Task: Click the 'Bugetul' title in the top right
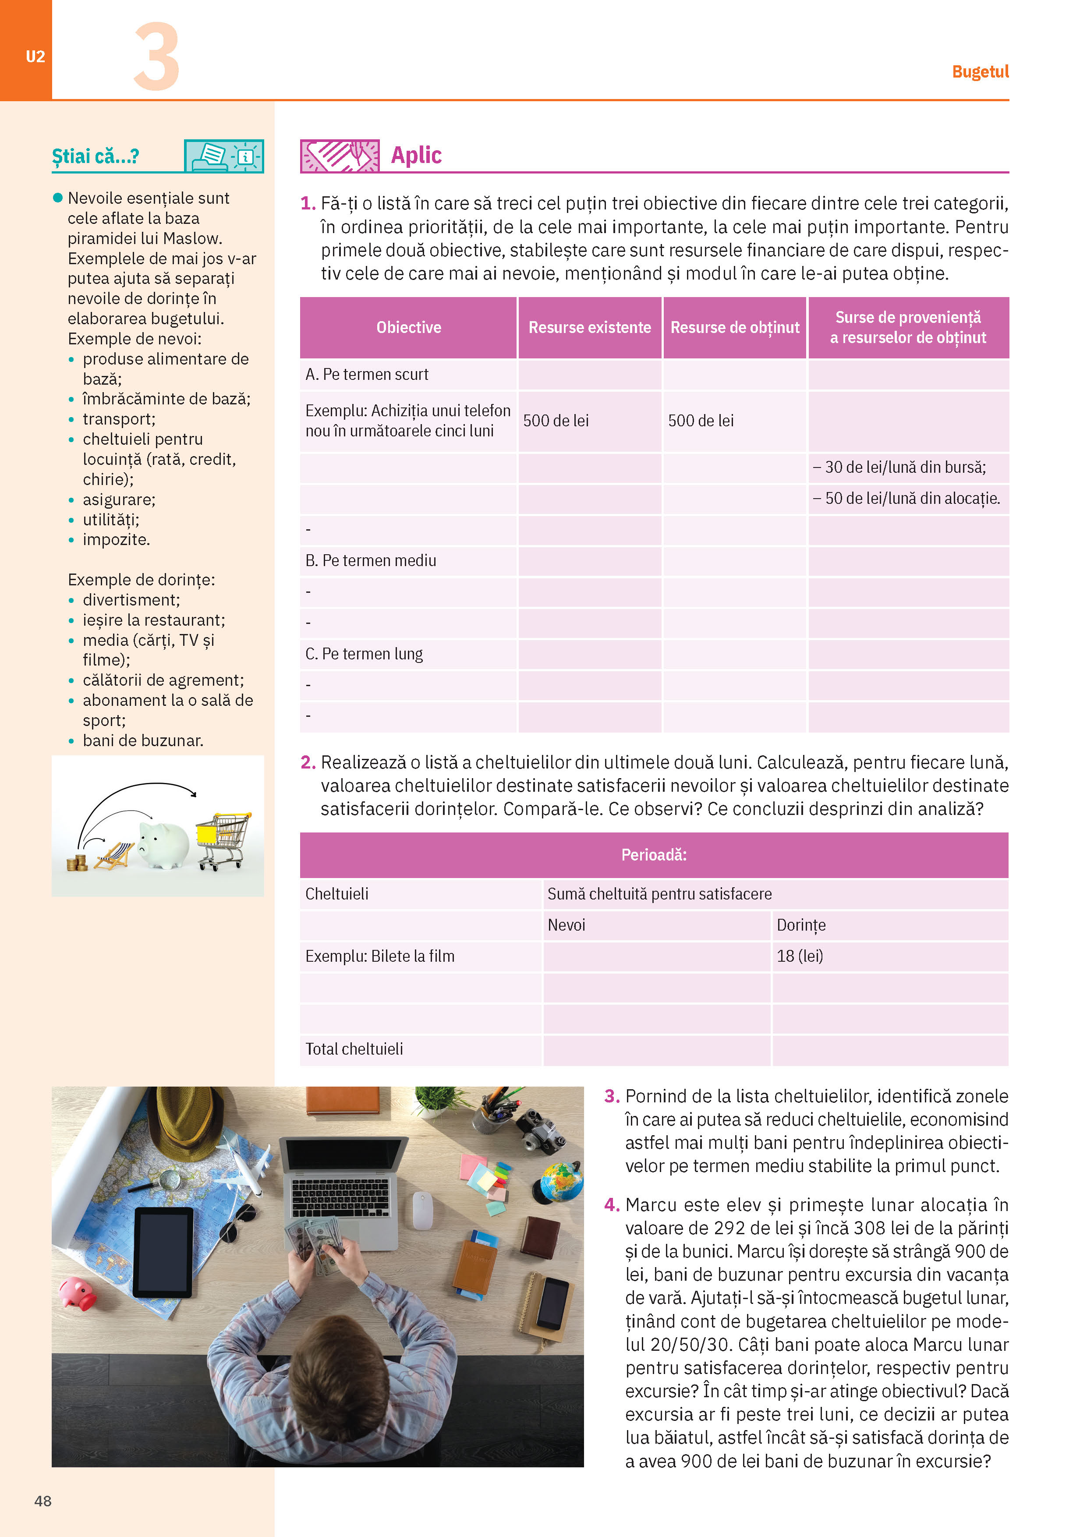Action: click(980, 71)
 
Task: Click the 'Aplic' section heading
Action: click(416, 155)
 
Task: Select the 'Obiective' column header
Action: click(408, 327)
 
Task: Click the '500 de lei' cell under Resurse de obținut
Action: click(701, 421)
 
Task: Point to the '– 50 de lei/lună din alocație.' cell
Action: click(906, 498)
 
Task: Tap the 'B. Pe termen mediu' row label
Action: click(371, 560)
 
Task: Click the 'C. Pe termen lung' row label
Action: click(364, 653)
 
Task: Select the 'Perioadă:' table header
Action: click(654, 855)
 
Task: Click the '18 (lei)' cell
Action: click(800, 956)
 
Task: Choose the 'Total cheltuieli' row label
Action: click(354, 1049)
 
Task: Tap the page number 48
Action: click(43, 1501)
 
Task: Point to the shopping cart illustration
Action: click(223, 840)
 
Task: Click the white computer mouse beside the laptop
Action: click(422, 1210)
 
